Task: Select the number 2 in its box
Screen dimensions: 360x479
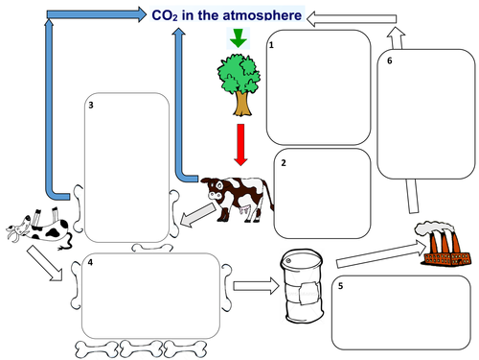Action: tap(284, 164)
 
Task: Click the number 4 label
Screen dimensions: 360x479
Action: tap(88, 261)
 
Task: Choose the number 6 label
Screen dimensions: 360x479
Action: tap(389, 60)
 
